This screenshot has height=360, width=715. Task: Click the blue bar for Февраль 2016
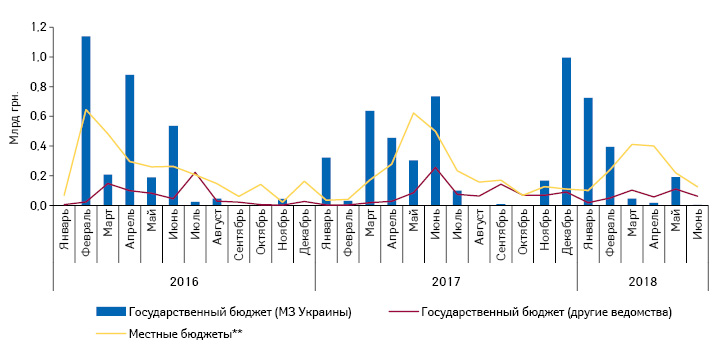tap(86, 121)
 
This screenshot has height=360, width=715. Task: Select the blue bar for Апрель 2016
tap(130, 140)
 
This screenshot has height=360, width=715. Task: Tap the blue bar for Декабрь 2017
tap(567, 131)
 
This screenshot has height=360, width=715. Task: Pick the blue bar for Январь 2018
tap(589, 151)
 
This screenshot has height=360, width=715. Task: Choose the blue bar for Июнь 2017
tap(436, 151)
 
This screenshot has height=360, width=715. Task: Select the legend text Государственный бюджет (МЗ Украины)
tap(239, 313)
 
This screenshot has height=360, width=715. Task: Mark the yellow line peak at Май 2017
tap(414, 112)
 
